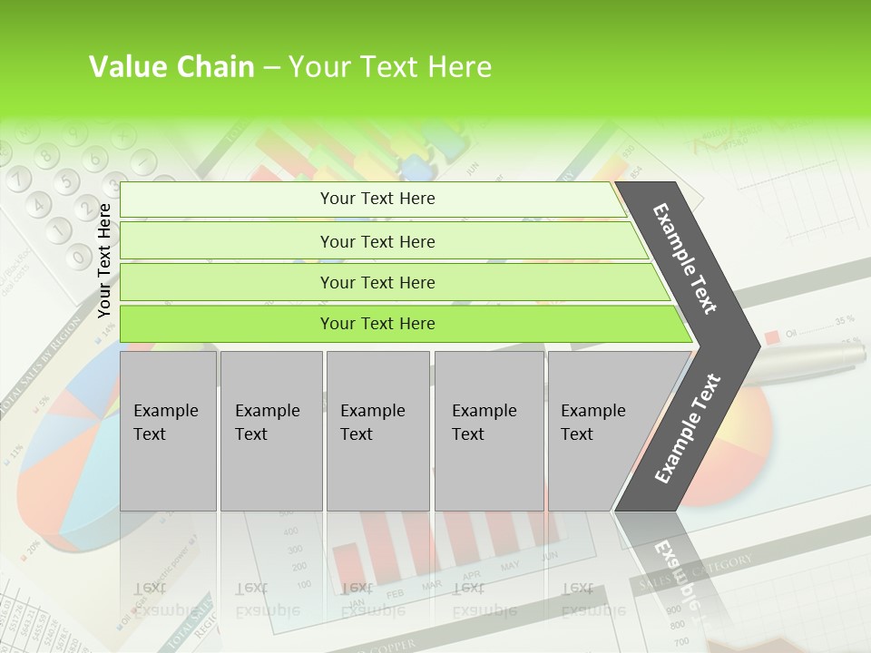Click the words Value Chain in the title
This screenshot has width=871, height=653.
pyautogui.click(x=171, y=67)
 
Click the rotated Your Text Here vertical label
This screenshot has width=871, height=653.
pyautogui.click(x=104, y=260)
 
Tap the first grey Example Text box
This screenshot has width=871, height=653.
pyautogui.click(x=168, y=431)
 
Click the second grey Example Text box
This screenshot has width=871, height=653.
pyautogui.click(x=270, y=431)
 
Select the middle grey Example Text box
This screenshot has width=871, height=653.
pyautogui.click(x=377, y=431)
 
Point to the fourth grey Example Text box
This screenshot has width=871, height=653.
pyautogui.click(x=488, y=431)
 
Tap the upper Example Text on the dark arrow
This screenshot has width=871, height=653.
pyautogui.click(x=685, y=258)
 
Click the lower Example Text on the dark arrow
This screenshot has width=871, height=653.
pyautogui.click(x=687, y=428)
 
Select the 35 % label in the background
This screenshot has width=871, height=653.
pyautogui.click(x=844, y=320)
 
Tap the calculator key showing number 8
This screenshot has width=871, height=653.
pyautogui.click(x=44, y=153)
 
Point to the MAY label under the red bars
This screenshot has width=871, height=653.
pyautogui.click(x=510, y=567)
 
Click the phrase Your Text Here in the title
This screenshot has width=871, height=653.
pyautogui.click(x=390, y=67)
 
